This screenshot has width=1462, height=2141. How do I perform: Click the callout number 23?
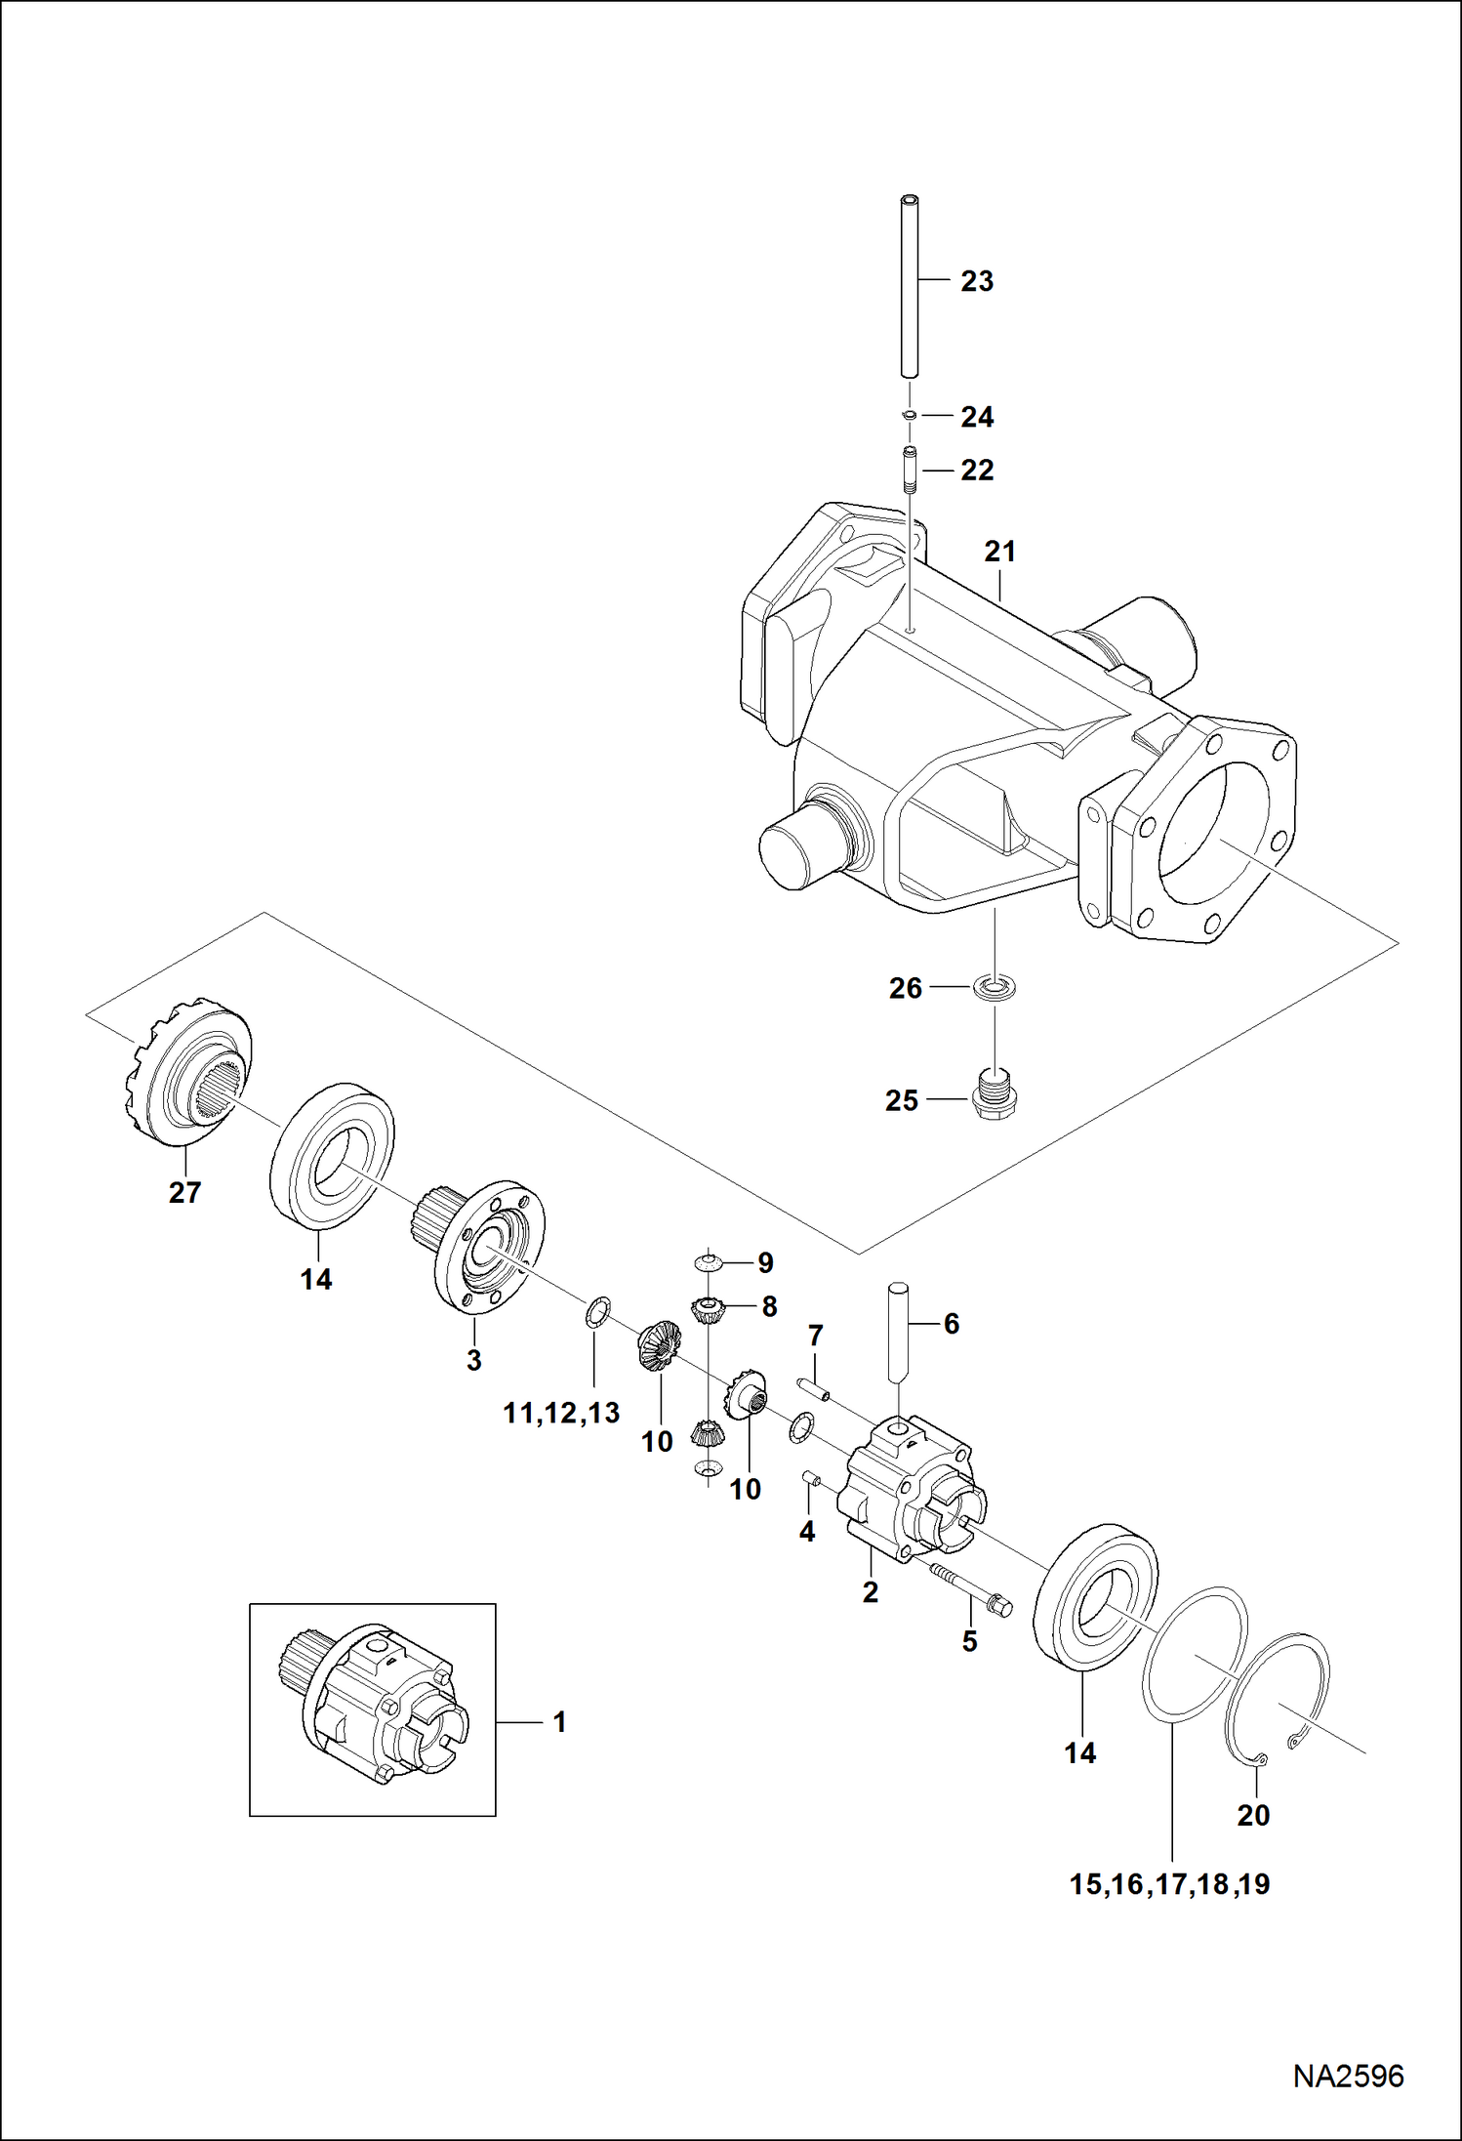(976, 281)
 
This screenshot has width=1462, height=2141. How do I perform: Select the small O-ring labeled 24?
(909, 415)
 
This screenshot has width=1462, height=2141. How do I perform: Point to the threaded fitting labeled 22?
(910, 471)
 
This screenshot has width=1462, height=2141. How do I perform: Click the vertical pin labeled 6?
(899, 1332)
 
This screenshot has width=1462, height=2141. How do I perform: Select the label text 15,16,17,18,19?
(1169, 1884)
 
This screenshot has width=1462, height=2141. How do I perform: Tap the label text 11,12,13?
(561, 1412)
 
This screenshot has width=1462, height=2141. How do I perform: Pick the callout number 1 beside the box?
(559, 1722)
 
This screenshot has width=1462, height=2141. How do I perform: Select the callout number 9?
(765, 1262)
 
